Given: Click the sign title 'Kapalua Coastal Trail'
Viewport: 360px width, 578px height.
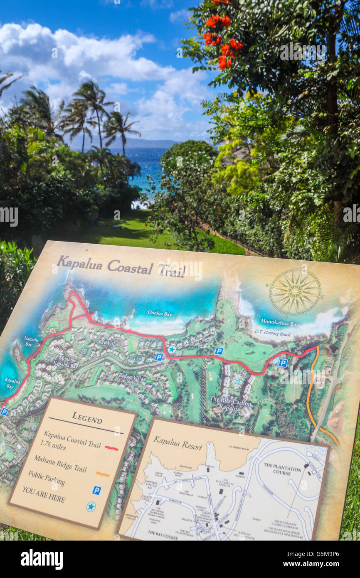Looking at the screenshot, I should pyautogui.click(x=121, y=267).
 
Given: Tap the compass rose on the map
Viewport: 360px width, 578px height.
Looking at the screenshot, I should pyautogui.click(x=295, y=291).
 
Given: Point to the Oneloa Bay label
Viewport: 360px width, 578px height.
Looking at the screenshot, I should pyautogui.click(x=160, y=314).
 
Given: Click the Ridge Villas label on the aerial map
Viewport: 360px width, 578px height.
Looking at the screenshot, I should pyautogui.click(x=131, y=378).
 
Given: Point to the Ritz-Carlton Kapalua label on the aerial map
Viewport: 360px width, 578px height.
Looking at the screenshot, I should pyautogui.click(x=231, y=405).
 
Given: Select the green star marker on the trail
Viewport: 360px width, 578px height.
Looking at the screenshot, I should pyautogui.click(x=172, y=349).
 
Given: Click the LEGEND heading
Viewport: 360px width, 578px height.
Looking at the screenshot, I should pyautogui.click(x=87, y=417).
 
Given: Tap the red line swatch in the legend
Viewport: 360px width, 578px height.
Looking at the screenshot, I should pyautogui.click(x=111, y=448).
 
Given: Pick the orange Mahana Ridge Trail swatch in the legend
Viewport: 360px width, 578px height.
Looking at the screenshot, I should pyautogui.click(x=102, y=474).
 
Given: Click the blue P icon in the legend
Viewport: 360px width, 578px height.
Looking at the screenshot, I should pyautogui.click(x=96, y=490).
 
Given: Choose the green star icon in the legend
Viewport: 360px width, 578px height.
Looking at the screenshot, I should pyautogui.click(x=91, y=506).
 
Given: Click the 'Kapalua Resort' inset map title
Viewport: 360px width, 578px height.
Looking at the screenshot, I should pyautogui.click(x=178, y=444).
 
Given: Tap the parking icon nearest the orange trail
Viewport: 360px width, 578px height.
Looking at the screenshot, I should pyautogui.click(x=283, y=363).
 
